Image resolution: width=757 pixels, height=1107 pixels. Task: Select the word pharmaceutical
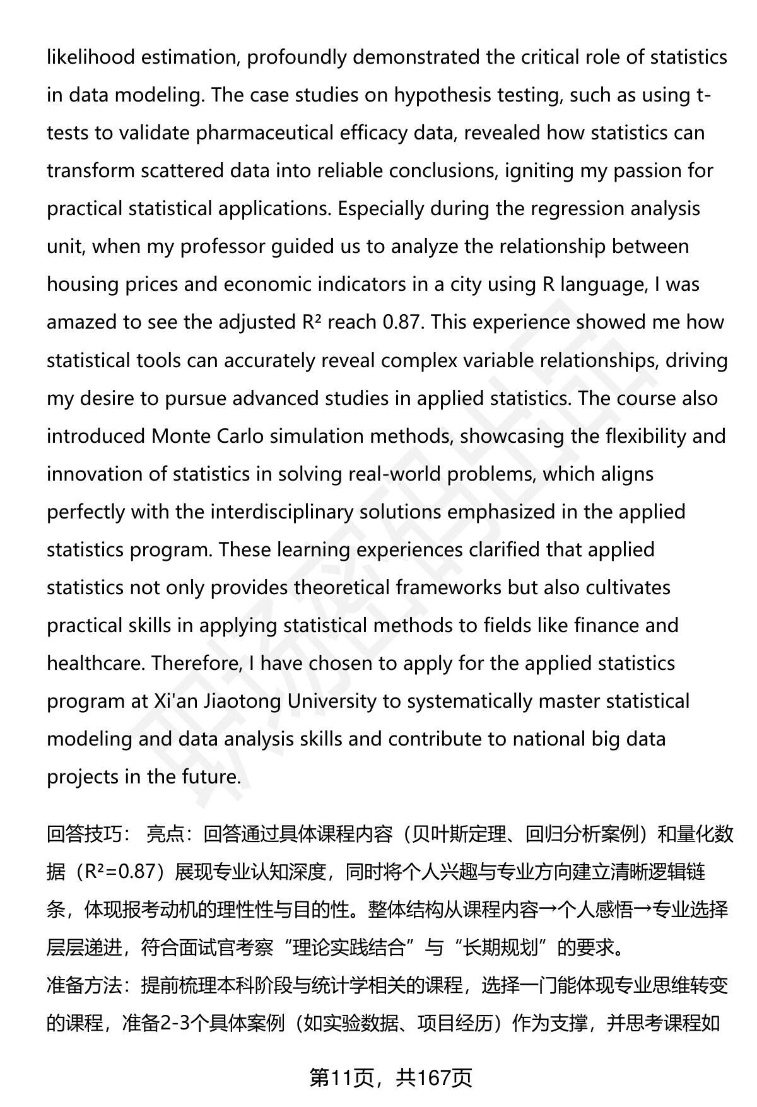pos(264,133)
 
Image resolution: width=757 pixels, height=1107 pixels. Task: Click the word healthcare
pos(95,664)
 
